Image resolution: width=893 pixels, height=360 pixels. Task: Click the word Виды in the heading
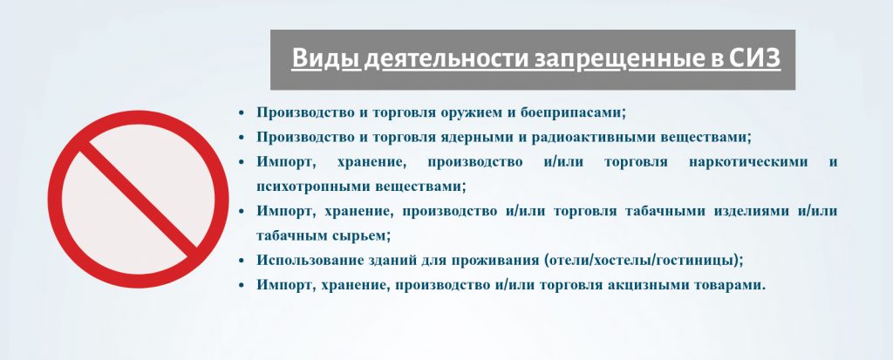(326, 58)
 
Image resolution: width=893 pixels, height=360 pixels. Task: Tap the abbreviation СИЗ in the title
(754, 58)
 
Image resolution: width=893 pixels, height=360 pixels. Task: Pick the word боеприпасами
(573, 112)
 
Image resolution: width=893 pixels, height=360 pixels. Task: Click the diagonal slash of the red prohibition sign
(139, 198)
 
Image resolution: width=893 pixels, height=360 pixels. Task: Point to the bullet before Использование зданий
(242, 261)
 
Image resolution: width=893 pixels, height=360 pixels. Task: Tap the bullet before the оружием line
(242, 112)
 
